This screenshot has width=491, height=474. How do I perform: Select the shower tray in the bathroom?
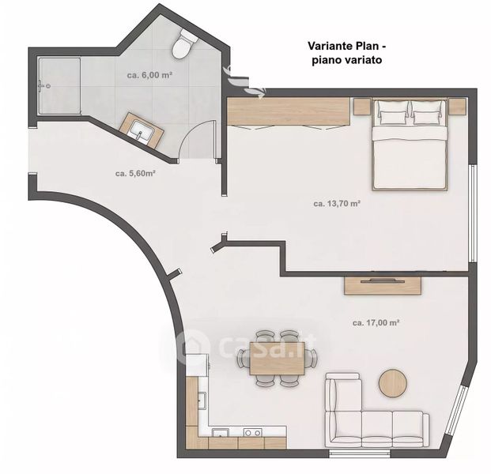(59, 86)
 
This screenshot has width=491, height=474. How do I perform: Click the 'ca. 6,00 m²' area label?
(149, 75)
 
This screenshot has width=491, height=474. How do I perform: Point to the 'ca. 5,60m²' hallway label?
(135, 173)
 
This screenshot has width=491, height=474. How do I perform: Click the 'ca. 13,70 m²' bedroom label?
(337, 204)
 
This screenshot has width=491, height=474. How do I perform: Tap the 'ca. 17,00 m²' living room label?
(376, 322)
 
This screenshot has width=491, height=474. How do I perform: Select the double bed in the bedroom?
(410, 145)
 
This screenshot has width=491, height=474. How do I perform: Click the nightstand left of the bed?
(363, 107)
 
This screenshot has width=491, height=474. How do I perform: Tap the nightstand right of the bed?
(458, 107)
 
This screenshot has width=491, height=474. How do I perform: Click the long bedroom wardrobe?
(288, 111)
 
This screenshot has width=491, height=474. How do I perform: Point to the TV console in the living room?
(383, 286)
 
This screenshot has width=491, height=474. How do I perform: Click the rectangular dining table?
(278, 359)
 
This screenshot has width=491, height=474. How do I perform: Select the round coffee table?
(393, 383)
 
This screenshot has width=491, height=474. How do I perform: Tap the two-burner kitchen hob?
(253, 433)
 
